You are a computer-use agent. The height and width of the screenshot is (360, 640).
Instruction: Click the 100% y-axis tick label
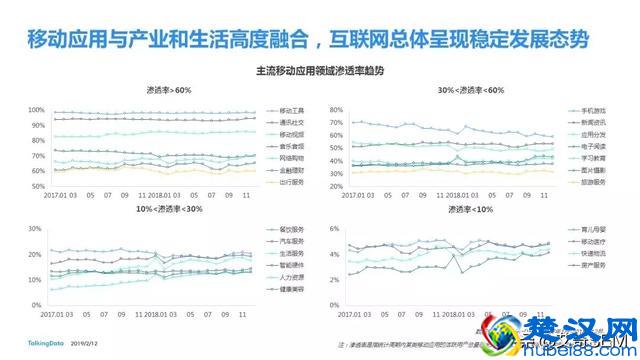tap(35, 109)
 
